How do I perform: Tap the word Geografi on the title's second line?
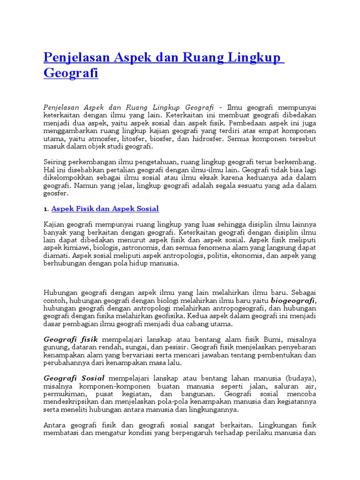(x=71, y=73)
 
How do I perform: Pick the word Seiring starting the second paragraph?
(x=56, y=162)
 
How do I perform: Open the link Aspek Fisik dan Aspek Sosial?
(x=105, y=209)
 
